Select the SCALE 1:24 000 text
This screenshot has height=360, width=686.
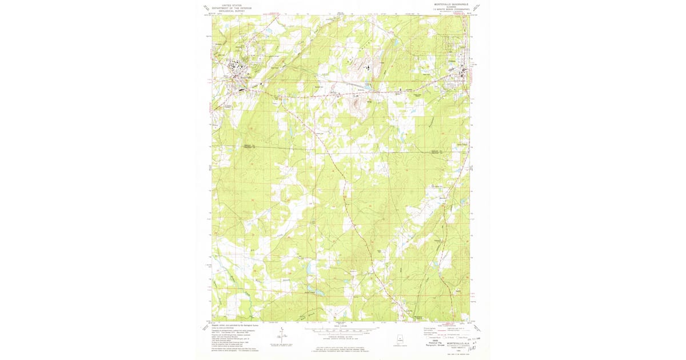point(341,326)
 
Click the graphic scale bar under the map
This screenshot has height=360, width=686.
point(341,330)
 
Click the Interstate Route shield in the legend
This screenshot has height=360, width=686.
point(428,338)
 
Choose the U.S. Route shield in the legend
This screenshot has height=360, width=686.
point(445,338)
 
